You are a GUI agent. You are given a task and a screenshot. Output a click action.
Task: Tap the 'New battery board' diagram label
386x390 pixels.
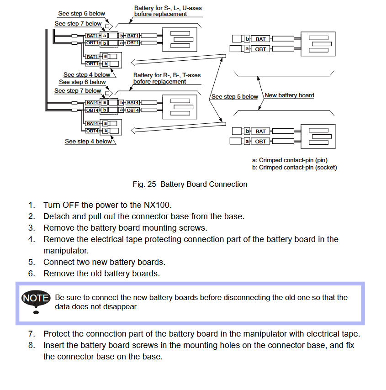(289, 95)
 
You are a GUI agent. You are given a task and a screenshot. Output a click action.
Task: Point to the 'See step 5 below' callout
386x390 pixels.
(235, 97)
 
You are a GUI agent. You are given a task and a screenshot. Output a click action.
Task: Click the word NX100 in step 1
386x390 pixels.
(158, 205)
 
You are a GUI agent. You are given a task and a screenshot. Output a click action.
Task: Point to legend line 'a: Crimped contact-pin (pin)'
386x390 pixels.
(290, 160)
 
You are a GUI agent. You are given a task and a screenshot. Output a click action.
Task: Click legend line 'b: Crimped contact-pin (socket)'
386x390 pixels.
(294, 168)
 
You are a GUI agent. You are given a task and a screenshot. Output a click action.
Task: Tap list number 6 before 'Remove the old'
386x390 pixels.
(31, 274)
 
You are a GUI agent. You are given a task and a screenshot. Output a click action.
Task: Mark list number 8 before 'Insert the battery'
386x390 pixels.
(31, 345)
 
